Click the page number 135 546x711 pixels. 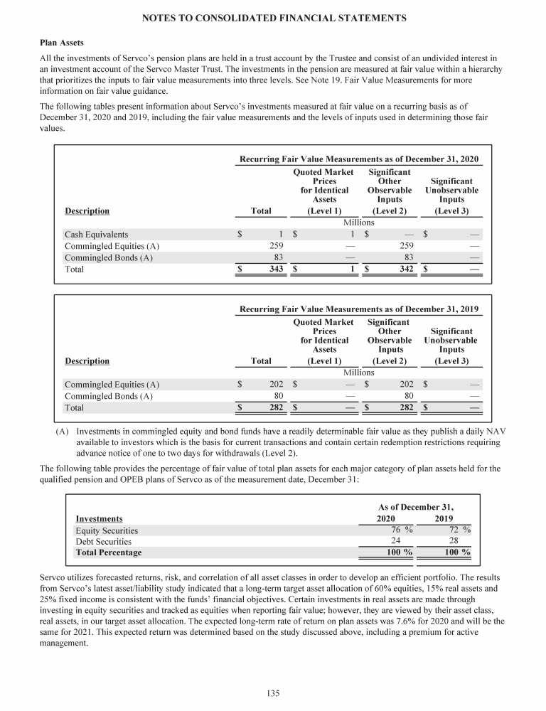point(272,693)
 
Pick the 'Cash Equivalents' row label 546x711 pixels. point(97,234)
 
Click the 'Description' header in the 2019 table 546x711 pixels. point(87,361)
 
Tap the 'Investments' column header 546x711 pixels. point(99,519)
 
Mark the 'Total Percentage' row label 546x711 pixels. point(108,552)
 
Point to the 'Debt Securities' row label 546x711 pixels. point(103,542)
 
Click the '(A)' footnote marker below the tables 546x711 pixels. point(63,432)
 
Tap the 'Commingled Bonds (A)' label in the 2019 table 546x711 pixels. point(108,396)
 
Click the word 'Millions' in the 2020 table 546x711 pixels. point(359,222)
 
